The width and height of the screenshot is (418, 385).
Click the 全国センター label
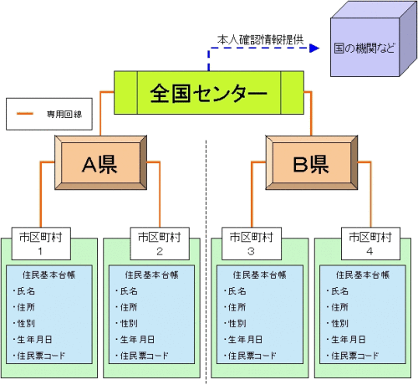click(208, 93)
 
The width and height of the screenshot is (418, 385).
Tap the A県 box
click(100, 162)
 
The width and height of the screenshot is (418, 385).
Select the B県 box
click(312, 162)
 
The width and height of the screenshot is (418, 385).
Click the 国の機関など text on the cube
click(364, 48)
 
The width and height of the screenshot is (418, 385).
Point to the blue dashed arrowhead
click(314, 48)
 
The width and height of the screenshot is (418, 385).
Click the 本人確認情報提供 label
click(260, 39)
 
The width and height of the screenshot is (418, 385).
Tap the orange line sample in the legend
click(25, 114)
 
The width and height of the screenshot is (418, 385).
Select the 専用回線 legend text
click(64, 114)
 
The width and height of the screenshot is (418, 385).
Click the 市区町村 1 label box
click(41, 244)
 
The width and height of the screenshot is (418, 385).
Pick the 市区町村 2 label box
click(160, 244)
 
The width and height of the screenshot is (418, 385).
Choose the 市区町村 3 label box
click(252, 244)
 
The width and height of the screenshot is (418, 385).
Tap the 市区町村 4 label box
click(370, 244)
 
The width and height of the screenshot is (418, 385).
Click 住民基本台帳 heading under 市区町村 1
click(48, 275)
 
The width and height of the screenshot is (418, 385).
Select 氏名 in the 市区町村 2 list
click(129, 291)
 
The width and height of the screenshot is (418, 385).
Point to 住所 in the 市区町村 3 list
click(237, 307)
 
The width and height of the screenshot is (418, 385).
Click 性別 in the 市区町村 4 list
click(339, 323)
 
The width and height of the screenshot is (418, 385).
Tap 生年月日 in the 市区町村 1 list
click(34, 340)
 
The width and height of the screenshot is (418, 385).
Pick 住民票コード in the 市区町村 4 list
click(354, 356)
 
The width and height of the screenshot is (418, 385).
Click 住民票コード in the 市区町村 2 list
click(144, 356)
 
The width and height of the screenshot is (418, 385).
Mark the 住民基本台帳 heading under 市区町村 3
click(259, 275)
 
